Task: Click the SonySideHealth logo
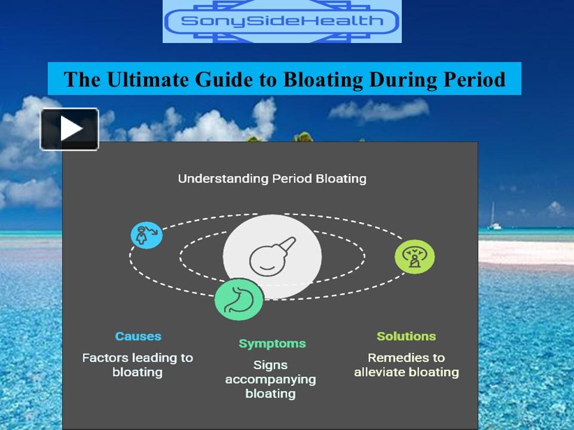(282, 21)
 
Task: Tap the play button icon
(69, 128)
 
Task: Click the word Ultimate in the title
(135, 79)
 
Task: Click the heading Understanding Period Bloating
(272, 179)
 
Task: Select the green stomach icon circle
(239, 300)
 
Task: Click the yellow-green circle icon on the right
(414, 257)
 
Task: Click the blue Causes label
(138, 336)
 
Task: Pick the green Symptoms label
(272, 343)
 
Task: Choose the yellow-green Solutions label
(406, 336)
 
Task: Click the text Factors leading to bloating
(138, 365)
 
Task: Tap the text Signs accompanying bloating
(271, 379)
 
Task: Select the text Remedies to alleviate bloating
(406, 365)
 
